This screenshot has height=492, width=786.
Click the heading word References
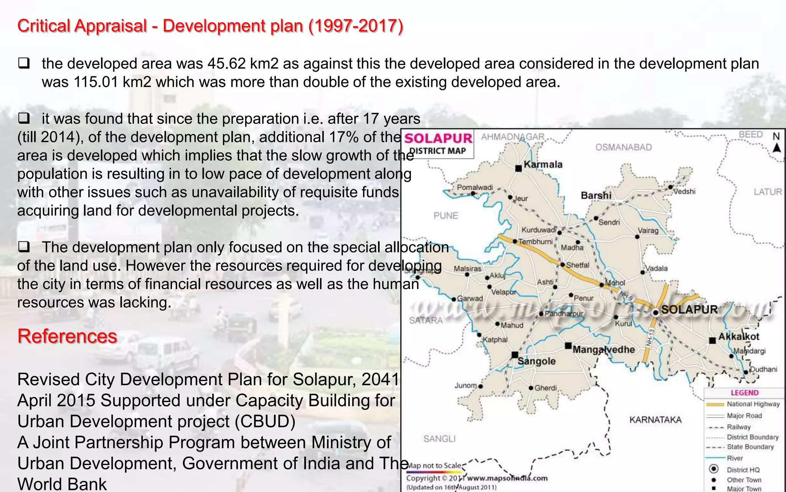click(x=67, y=336)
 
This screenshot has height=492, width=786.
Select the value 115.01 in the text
click(x=96, y=82)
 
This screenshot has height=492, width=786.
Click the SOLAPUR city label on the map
click(x=689, y=309)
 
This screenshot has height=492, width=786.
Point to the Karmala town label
click(x=543, y=165)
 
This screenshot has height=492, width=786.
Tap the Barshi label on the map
click(x=596, y=195)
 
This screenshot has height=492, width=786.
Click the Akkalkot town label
click(x=739, y=337)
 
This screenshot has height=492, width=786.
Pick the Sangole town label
click(x=537, y=361)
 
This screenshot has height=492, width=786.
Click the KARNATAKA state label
click(x=655, y=420)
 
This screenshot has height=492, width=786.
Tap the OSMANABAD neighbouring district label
click(x=623, y=147)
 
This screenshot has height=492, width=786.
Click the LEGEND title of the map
click(x=744, y=393)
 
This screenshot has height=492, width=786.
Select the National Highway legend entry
click(x=753, y=404)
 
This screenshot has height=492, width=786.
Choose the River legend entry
click(x=735, y=458)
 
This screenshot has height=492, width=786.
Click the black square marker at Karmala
click(x=518, y=168)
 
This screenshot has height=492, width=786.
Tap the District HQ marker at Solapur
click(x=656, y=312)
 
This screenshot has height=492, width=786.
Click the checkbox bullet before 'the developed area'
click(x=24, y=63)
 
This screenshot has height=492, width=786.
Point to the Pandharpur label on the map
click(x=563, y=314)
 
